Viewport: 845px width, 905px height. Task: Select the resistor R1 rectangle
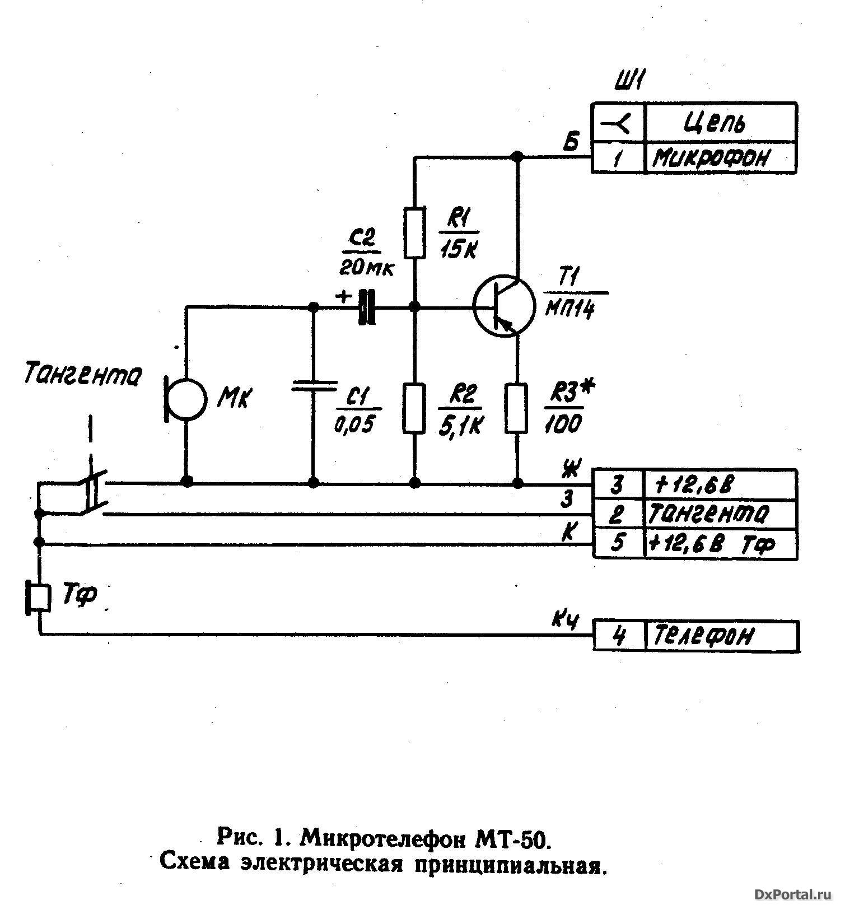(414, 232)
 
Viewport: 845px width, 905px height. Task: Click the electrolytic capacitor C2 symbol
(367, 307)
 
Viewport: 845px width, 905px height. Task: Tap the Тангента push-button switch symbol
(92, 493)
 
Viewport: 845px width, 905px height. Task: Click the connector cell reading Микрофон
(721, 158)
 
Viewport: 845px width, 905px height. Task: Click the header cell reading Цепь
(721, 122)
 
